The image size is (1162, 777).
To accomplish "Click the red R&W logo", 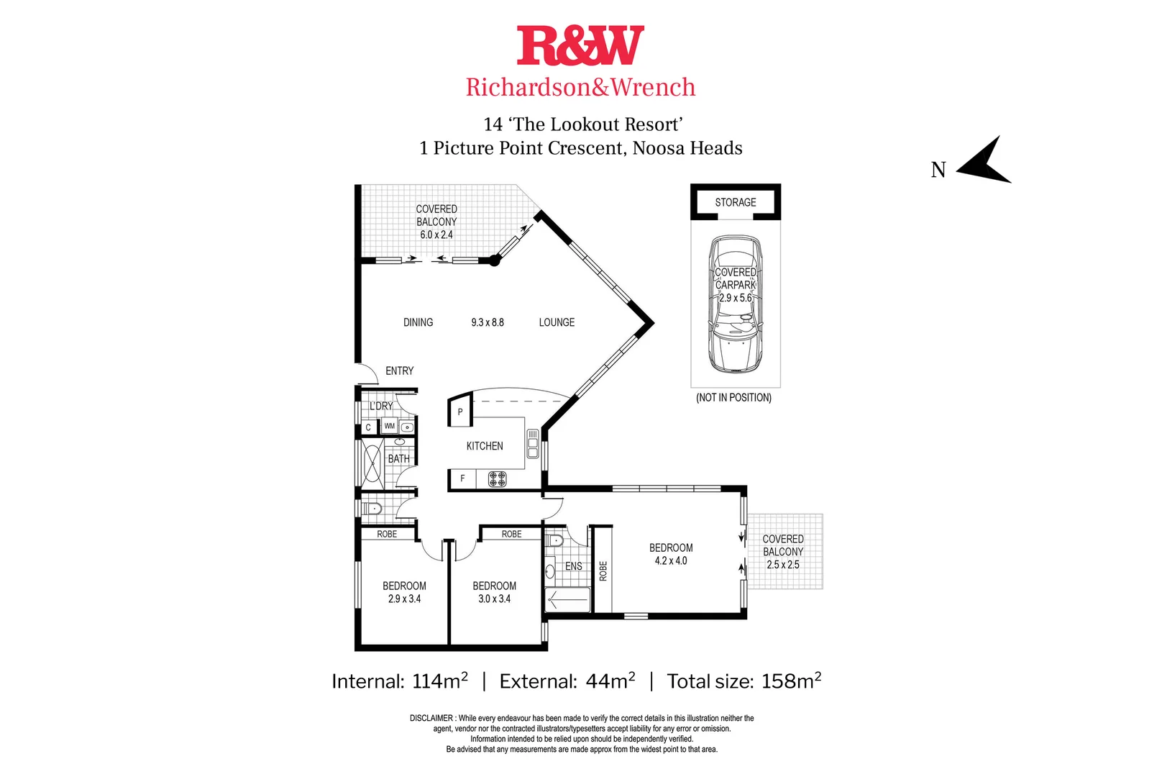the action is click(x=580, y=45).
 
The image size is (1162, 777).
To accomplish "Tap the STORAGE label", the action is click(x=736, y=202).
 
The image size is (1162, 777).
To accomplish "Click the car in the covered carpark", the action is click(x=736, y=304).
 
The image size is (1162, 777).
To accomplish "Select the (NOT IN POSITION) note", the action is click(x=733, y=398).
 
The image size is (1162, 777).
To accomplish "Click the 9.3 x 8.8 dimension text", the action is click(x=488, y=322).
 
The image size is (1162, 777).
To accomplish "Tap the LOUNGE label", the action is click(x=557, y=322).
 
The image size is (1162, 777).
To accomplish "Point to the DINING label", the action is click(x=418, y=322).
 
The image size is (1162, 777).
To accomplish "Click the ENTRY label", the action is click(x=400, y=371).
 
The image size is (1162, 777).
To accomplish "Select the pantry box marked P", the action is click(x=460, y=410).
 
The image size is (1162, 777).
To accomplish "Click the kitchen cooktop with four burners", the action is click(x=497, y=478).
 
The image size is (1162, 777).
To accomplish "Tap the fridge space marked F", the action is click(x=462, y=478).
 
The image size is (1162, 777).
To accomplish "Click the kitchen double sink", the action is click(x=533, y=444).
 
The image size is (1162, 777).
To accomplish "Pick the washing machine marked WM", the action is click(x=390, y=426).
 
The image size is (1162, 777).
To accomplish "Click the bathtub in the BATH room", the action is click(x=372, y=463).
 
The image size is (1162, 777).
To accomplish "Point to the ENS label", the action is click(x=573, y=566).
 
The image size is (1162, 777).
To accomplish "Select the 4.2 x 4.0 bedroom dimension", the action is click(x=671, y=560).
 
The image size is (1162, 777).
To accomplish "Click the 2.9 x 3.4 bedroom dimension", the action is click(x=405, y=599).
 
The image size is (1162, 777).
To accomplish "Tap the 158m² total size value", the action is click(x=791, y=681).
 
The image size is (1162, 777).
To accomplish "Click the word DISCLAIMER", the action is click(x=431, y=718).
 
